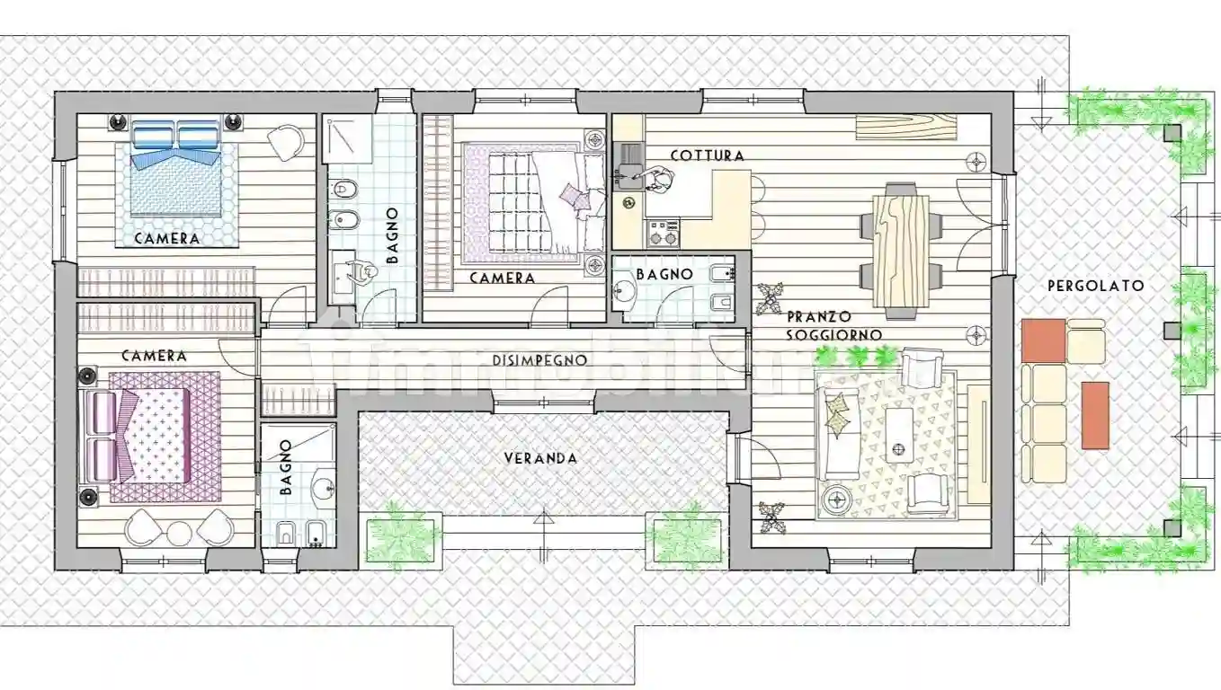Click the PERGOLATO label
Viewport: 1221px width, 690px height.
point(1095,286)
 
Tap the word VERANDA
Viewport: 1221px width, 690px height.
point(539,458)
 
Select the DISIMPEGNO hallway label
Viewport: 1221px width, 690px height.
point(539,360)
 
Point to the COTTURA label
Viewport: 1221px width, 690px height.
point(707,155)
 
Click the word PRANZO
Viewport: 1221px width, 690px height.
point(818,317)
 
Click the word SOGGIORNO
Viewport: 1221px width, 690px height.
point(833,334)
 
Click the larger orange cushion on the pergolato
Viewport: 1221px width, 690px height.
point(1043,341)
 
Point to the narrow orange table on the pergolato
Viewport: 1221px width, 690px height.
point(1094,415)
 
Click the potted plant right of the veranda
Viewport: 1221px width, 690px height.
point(688,536)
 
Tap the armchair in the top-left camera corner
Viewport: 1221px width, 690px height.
point(287,141)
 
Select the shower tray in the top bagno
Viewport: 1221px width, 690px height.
point(347,139)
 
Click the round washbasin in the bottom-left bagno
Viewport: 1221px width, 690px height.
point(322,489)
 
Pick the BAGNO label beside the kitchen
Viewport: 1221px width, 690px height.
point(664,274)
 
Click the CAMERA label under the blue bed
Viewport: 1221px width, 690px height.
point(166,239)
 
